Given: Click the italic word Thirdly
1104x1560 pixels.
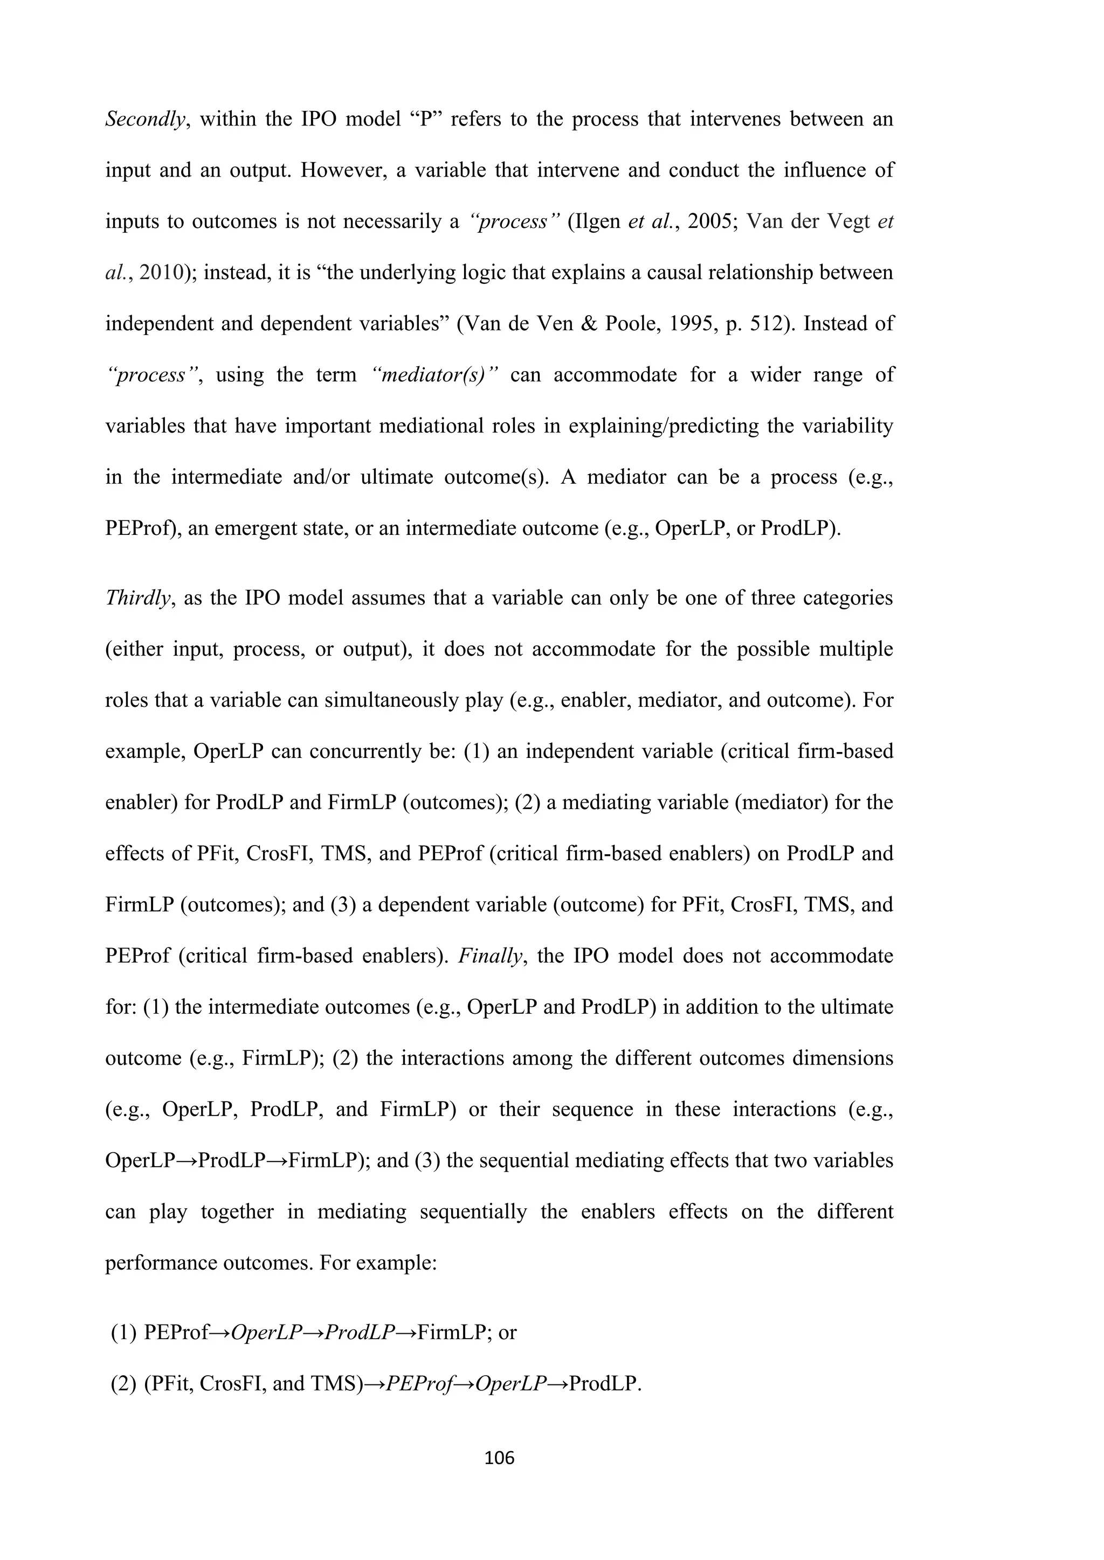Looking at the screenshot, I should pyautogui.click(x=136, y=598).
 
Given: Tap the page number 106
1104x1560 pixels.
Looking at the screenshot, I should pyautogui.click(x=500, y=1458).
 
